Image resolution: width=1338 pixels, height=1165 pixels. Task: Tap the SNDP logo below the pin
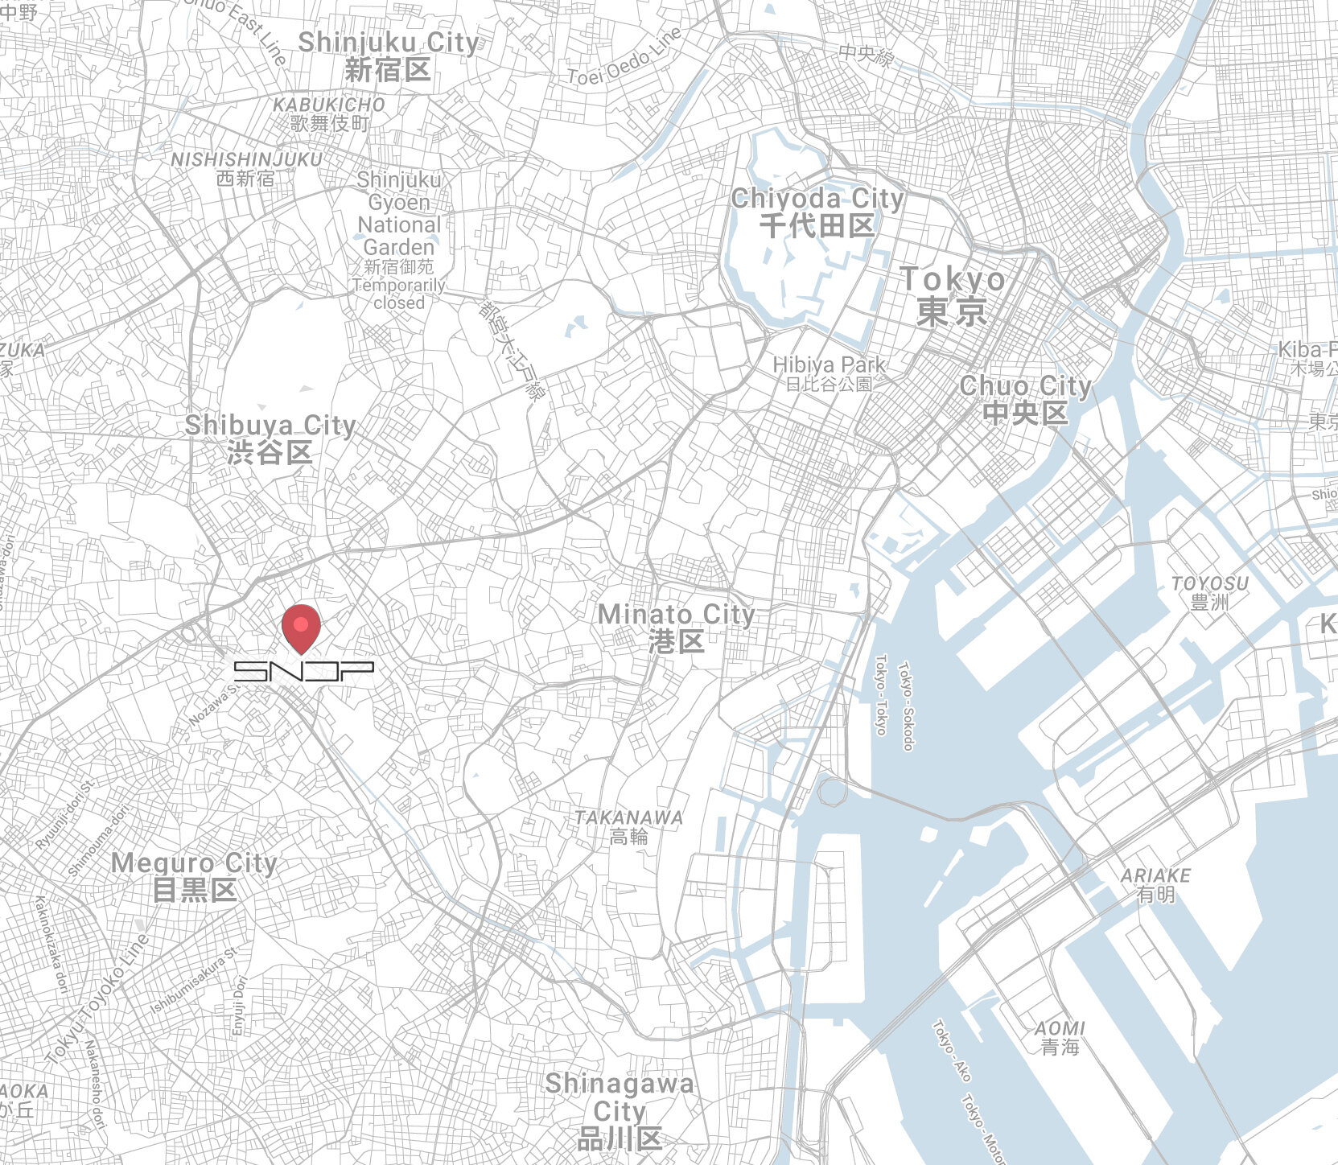tap(303, 671)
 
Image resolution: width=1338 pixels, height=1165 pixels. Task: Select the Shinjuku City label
tap(388, 56)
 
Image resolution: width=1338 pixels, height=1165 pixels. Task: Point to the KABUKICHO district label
tap(329, 113)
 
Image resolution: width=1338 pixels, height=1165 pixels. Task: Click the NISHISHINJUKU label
tap(246, 168)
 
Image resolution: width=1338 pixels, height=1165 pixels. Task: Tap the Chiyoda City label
tap(817, 212)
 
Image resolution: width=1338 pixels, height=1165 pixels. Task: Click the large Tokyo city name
tap(953, 296)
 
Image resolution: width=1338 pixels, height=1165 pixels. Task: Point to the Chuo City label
tap(1025, 398)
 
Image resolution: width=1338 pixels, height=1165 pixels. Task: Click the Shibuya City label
tap(270, 438)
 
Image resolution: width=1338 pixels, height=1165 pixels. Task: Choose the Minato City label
tap(677, 628)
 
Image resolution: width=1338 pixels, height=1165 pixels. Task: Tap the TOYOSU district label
tap(1210, 592)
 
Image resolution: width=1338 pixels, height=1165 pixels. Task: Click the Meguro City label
tap(194, 876)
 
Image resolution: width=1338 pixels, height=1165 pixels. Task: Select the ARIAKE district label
tap(1155, 884)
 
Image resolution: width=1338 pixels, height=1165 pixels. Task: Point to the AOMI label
tap(1060, 1037)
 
